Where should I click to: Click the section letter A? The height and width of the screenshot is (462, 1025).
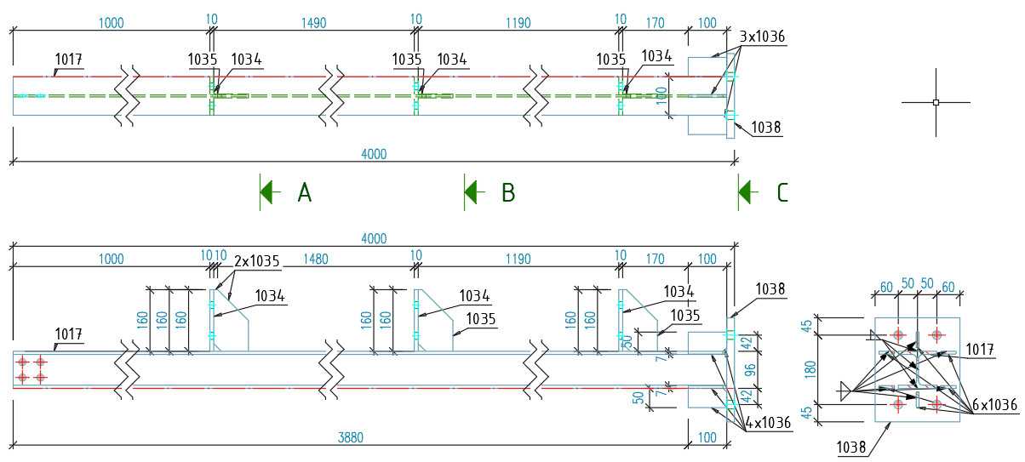(305, 192)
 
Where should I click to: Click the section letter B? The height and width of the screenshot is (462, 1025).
(508, 192)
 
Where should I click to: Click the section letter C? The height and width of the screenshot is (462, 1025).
(782, 192)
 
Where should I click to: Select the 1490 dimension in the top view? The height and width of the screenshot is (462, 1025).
(314, 23)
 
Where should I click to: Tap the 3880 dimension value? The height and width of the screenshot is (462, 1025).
(351, 438)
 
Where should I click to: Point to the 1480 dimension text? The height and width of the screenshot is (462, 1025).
(316, 260)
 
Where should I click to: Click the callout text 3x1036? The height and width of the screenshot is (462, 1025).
(762, 37)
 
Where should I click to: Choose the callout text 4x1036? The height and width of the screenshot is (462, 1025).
(768, 423)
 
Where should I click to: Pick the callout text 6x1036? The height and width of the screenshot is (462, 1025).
(995, 405)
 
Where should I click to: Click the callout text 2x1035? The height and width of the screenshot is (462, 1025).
(257, 261)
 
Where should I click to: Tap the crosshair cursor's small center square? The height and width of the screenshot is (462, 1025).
(936, 102)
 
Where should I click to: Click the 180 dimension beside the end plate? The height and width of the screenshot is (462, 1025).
(810, 369)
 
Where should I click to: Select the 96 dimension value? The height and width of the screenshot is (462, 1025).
(750, 370)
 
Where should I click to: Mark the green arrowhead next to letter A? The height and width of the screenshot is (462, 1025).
(270, 192)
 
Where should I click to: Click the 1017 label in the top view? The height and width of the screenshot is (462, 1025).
(69, 60)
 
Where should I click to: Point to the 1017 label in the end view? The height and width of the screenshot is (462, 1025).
(980, 350)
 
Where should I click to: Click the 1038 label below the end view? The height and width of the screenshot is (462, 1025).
(851, 447)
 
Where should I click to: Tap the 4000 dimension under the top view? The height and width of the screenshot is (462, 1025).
(374, 154)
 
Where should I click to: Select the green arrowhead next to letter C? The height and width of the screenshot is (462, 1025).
(748, 192)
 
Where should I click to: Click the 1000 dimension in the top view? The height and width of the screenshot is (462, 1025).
(112, 23)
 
